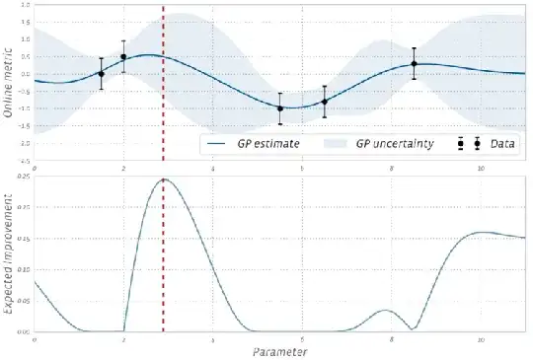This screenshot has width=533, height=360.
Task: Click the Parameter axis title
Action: (x=278, y=350)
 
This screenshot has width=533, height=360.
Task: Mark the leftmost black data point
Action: (x=101, y=74)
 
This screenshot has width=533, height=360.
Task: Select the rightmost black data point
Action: (x=414, y=64)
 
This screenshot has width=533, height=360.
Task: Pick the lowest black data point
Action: (x=280, y=108)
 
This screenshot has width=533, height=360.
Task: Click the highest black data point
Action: (x=123, y=57)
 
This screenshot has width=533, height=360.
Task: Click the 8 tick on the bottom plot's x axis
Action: (x=391, y=339)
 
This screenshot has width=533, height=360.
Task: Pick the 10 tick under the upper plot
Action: (x=481, y=169)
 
